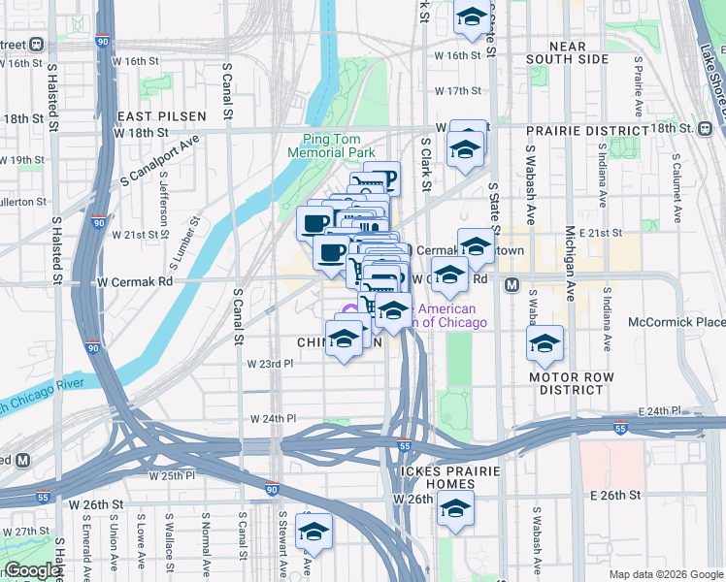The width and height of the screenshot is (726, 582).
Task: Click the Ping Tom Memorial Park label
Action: click(331, 145)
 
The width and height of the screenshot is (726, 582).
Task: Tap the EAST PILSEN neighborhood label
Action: click(162, 116)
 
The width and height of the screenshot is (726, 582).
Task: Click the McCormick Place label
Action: click(676, 322)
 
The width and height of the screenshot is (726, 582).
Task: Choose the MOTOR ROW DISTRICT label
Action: click(573, 382)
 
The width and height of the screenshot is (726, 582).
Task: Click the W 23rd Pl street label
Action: click(271, 364)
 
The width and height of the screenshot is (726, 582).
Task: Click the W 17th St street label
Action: click(458, 90)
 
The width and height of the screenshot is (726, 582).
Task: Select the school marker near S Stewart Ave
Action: click(313, 532)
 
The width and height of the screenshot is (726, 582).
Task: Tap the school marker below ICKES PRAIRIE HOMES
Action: click(454, 508)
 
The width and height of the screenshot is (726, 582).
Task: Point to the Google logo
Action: click(33, 570)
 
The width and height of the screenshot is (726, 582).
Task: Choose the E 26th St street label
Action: click(615, 495)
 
